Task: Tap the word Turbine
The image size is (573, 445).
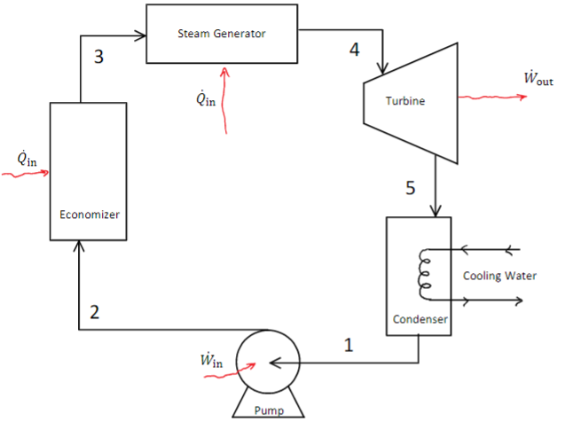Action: coord(405,101)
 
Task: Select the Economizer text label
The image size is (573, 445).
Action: coord(89,215)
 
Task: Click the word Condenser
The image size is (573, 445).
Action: coord(419,319)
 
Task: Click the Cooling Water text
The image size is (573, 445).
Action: coord(499,276)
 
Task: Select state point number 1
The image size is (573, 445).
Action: coord(349,347)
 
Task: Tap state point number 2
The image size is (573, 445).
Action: coord(95,311)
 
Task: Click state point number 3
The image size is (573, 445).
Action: coord(98,58)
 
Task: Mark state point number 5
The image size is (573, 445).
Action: coord(410,188)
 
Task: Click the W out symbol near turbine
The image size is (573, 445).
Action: coord(538,79)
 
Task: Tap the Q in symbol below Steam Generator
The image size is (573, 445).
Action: coord(205,97)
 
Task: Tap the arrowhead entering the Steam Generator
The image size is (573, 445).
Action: coord(140,36)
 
